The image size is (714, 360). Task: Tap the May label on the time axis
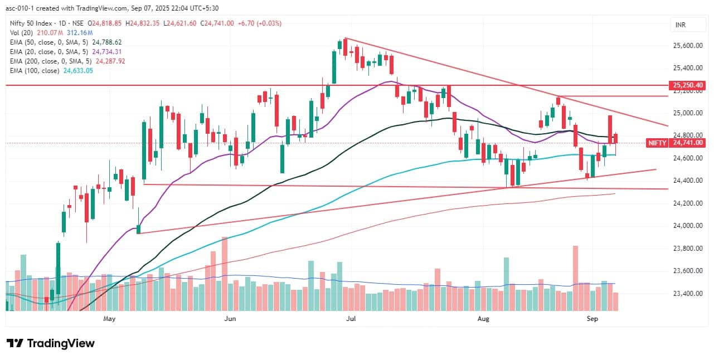[x=109, y=319]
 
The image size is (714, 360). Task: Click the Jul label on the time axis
[x=351, y=319]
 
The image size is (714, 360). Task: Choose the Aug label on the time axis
[x=484, y=319]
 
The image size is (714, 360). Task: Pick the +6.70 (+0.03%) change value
[x=260, y=23]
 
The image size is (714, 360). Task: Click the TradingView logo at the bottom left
[x=50, y=343]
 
